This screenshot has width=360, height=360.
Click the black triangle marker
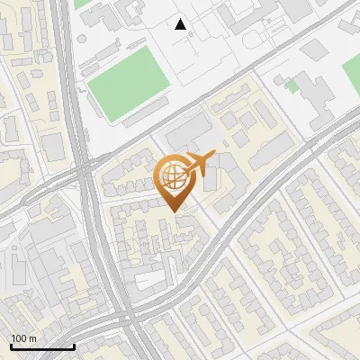(181, 24)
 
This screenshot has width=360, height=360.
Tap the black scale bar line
(41, 346)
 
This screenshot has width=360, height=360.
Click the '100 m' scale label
(24, 338)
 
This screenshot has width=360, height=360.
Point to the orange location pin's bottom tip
(174, 211)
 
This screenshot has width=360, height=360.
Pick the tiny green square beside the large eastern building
(292, 86)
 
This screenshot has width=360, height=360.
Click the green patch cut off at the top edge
(83, 4)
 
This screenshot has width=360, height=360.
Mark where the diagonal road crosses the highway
(87, 167)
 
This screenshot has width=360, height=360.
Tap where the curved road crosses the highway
(126, 317)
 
